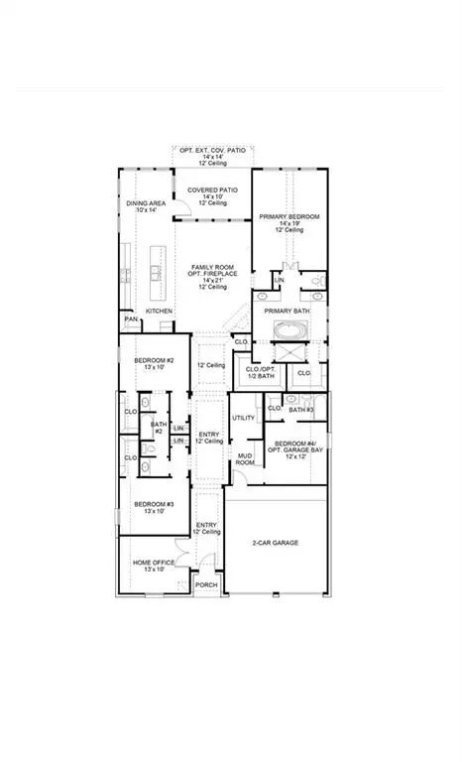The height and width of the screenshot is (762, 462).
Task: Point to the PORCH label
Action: (206, 585)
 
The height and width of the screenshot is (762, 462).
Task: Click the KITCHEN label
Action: (160, 311)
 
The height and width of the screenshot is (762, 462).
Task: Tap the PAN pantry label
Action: (130, 320)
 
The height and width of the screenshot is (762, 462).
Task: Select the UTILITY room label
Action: (244, 418)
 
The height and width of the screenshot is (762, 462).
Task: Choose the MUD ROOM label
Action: (245, 460)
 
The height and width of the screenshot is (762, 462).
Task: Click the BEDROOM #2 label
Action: (154, 360)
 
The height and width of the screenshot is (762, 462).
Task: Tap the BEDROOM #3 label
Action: (154, 504)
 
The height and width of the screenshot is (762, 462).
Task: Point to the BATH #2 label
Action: (159, 428)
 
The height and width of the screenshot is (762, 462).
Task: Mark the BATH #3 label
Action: (301, 409)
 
